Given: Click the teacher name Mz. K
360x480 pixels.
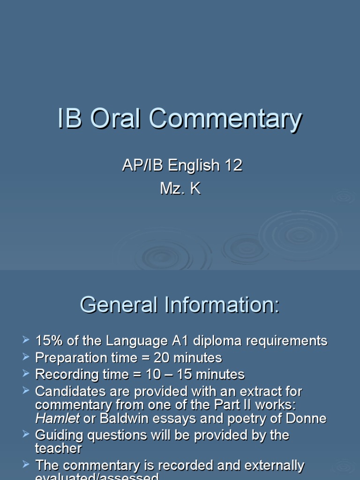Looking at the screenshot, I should pos(180,189).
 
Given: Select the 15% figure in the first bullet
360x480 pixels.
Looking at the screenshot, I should pos(49,341).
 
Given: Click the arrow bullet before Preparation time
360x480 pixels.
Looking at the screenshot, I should pos(26,357).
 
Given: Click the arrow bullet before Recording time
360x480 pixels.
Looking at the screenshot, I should pos(26,374).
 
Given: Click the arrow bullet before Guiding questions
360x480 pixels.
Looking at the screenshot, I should pos(26,435).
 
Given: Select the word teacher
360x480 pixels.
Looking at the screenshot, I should pos(59,449).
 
